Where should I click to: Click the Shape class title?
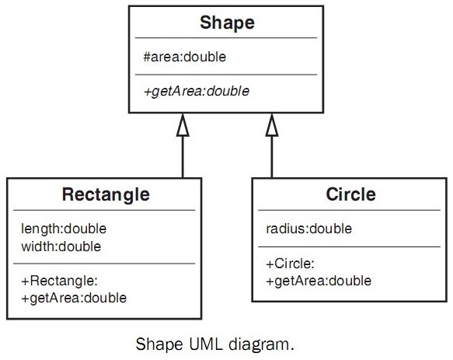[227, 23]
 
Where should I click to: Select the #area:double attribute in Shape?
[185, 57]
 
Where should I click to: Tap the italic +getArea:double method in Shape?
[197, 92]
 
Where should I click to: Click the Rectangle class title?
[106, 194]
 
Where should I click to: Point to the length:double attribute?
[64, 229]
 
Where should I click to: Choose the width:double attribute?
[61, 246]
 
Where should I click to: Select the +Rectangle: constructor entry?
[60, 281]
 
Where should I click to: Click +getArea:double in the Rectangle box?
[74, 299]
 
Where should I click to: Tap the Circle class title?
[350, 194]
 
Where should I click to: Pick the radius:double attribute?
[308, 229]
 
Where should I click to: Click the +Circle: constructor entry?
[290, 264]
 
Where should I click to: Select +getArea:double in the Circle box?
[319, 281]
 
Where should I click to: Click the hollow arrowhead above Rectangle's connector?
[183, 125]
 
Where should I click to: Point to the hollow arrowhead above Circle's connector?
[272, 125]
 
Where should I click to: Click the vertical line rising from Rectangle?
[183, 157]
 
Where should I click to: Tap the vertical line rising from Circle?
[272, 157]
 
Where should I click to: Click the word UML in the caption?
[206, 344]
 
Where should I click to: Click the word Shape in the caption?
[159, 345]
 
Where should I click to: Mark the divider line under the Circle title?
[350, 210]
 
